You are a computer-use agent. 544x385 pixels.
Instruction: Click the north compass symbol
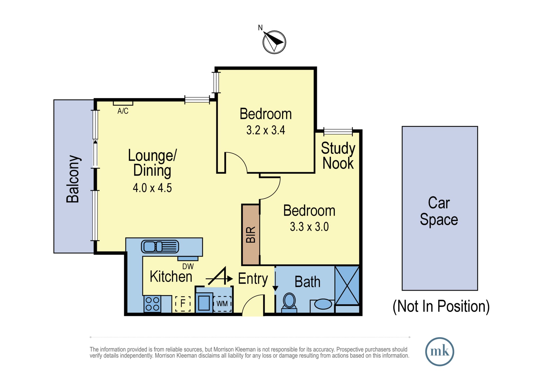pyautogui.click(x=274, y=42)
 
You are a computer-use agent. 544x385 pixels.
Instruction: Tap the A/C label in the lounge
pyautogui.click(x=123, y=111)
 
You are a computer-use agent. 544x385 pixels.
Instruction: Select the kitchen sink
pyautogui.click(x=160, y=246)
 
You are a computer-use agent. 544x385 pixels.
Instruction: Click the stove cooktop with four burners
pyautogui.click(x=152, y=304)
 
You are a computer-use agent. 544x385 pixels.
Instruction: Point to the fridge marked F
pyautogui.click(x=183, y=303)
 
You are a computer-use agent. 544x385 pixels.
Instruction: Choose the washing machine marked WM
pyautogui.click(x=222, y=304)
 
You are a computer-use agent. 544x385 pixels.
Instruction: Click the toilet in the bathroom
pyautogui.click(x=289, y=302)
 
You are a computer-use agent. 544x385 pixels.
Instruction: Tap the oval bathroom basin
pyautogui.click(x=323, y=304)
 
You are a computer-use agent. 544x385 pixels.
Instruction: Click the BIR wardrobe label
pyautogui.click(x=251, y=234)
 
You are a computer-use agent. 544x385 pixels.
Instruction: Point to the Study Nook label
pyautogui.click(x=338, y=156)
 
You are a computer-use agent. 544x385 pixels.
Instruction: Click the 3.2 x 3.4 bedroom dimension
pyautogui.click(x=265, y=130)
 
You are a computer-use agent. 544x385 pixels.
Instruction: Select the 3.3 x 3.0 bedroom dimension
pyautogui.click(x=309, y=227)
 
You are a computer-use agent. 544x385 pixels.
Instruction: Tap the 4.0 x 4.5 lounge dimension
pyautogui.click(x=152, y=188)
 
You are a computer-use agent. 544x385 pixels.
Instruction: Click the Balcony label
pyautogui.click(x=73, y=179)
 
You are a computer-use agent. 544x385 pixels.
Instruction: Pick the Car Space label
pyautogui.click(x=439, y=211)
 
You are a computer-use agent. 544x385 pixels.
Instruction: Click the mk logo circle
pyautogui.click(x=440, y=352)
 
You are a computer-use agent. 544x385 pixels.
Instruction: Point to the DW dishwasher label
pyautogui.click(x=188, y=266)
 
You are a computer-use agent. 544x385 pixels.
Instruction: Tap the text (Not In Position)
pyautogui.click(x=441, y=306)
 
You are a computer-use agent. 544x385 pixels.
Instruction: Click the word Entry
pyautogui.click(x=253, y=279)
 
